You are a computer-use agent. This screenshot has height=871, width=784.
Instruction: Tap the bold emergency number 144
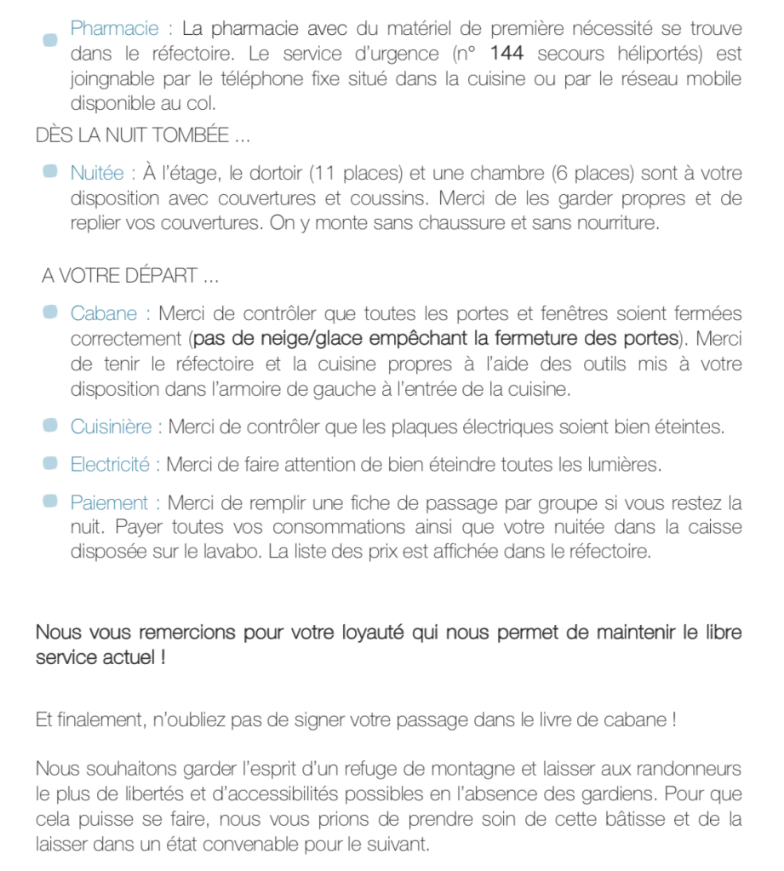pos(507,54)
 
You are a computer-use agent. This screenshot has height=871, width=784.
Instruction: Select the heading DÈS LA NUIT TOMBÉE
pos(143,135)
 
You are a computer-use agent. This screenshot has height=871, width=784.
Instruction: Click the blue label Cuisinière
pos(112,427)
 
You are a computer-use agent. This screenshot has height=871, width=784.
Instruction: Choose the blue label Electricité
pos(110,465)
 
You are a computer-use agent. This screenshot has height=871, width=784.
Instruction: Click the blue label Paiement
pos(109,502)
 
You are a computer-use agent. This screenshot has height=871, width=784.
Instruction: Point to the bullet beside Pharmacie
pos(50,40)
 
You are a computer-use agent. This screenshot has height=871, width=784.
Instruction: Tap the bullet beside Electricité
pos(50,464)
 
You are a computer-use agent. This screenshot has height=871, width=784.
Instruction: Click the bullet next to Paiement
pos(50,501)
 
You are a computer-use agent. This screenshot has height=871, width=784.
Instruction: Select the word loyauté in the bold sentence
pos(375,633)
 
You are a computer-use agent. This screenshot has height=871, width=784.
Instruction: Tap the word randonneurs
pos(686,770)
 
